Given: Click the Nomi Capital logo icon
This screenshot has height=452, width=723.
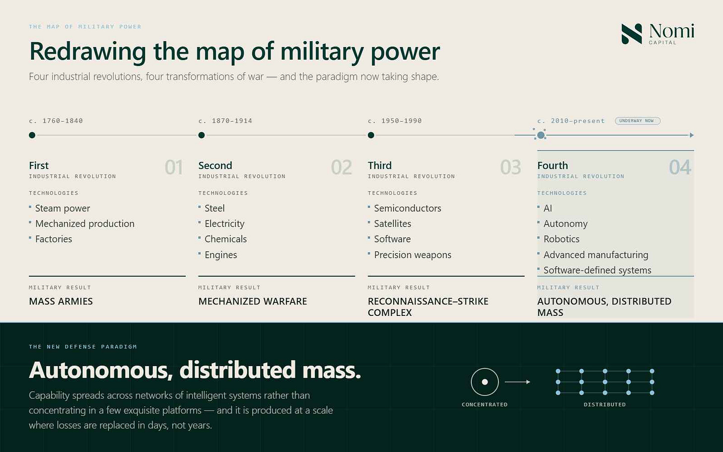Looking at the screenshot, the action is pyautogui.click(x=631, y=34).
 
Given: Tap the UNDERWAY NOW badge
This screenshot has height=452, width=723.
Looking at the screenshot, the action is pyautogui.click(x=638, y=121).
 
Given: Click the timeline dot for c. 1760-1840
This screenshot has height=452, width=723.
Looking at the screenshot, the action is pyautogui.click(x=32, y=135).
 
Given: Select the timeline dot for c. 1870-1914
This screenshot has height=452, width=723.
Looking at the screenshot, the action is pyautogui.click(x=202, y=135).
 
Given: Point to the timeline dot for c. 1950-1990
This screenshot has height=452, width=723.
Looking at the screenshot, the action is pyautogui.click(x=371, y=135).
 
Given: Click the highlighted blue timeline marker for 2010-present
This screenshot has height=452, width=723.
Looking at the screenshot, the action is pyautogui.click(x=541, y=135).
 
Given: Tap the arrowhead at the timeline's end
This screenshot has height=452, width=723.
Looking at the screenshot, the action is pyautogui.click(x=692, y=135).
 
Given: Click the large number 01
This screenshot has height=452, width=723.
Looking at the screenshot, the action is pyautogui.click(x=174, y=167).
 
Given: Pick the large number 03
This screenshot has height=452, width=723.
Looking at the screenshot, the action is pyautogui.click(x=510, y=167).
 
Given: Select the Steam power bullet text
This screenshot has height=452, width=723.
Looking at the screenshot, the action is pyautogui.click(x=63, y=208).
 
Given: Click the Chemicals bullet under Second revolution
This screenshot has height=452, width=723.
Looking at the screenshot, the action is pyautogui.click(x=225, y=239).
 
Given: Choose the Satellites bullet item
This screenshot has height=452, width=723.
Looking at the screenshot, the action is pyautogui.click(x=392, y=224).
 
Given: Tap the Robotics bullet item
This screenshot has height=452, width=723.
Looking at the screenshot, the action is pyautogui.click(x=561, y=239).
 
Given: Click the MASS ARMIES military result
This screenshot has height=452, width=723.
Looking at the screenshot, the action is pyautogui.click(x=61, y=301).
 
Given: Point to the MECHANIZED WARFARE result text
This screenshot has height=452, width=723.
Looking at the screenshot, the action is pyautogui.click(x=253, y=301).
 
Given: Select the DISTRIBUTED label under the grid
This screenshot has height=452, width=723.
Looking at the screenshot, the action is pyautogui.click(x=604, y=404).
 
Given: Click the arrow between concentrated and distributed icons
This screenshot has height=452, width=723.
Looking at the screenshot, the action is pyautogui.click(x=517, y=382).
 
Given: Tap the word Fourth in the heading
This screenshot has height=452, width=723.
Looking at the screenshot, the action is pyautogui.click(x=553, y=165).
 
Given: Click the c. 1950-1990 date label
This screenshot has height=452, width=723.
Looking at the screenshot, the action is pyautogui.click(x=395, y=121).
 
